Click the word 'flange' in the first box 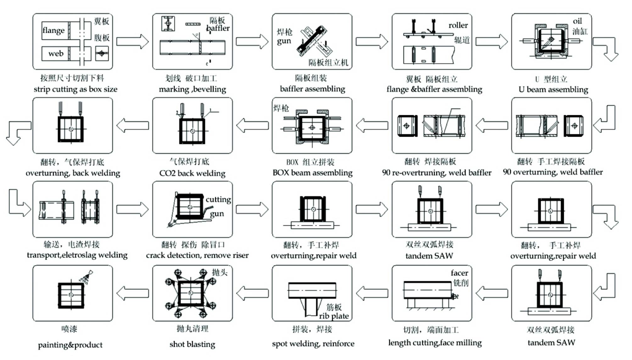pos(53,31)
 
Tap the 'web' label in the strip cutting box pos(56,53)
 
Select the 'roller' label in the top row pos(458,25)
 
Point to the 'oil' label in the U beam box pos(577,21)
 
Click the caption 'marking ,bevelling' pos(192,89)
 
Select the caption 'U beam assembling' pos(553,90)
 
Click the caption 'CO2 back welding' pos(192,173)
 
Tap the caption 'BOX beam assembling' pos(312,173)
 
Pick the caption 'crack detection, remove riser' pos(197,255)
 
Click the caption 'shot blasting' pos(192,344)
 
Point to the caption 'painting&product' pos(70,345)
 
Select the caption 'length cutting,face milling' pos(435,343)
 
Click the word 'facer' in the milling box pos(459,273)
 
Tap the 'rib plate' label pos(334,316)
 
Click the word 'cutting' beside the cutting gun pos(218,200)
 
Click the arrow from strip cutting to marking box pos(132,42)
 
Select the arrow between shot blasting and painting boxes pos(132,293)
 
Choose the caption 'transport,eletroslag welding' pos(77,255)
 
